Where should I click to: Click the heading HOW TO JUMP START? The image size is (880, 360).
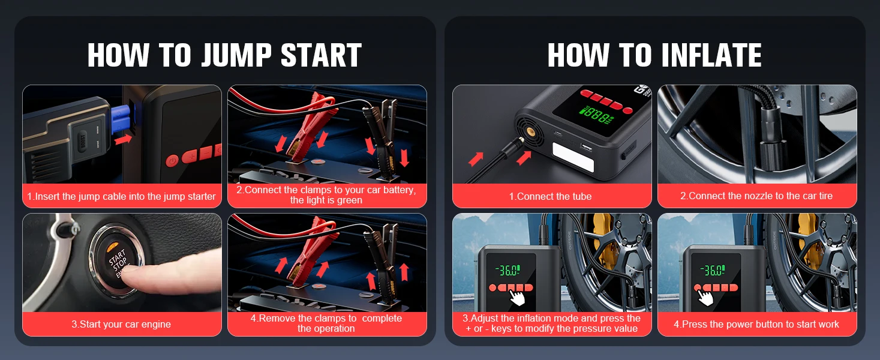(224, 55)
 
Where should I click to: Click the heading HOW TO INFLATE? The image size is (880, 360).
(654, 55)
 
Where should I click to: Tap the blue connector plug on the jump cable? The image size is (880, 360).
(122, 118)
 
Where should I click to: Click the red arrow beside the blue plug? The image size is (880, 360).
(124, 139)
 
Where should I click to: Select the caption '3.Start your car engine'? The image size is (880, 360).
(121, 324)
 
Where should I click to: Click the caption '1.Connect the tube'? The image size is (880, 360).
(551, 196)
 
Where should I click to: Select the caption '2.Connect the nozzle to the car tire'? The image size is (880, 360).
(756, 196)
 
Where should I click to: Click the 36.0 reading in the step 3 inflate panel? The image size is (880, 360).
(508, 270)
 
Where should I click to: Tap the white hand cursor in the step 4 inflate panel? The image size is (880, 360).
(706, 297)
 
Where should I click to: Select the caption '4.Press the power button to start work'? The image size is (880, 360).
(756, 324)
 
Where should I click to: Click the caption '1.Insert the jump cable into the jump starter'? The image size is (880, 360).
(121, 196)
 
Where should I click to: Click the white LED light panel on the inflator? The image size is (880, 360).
(573, 157)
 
